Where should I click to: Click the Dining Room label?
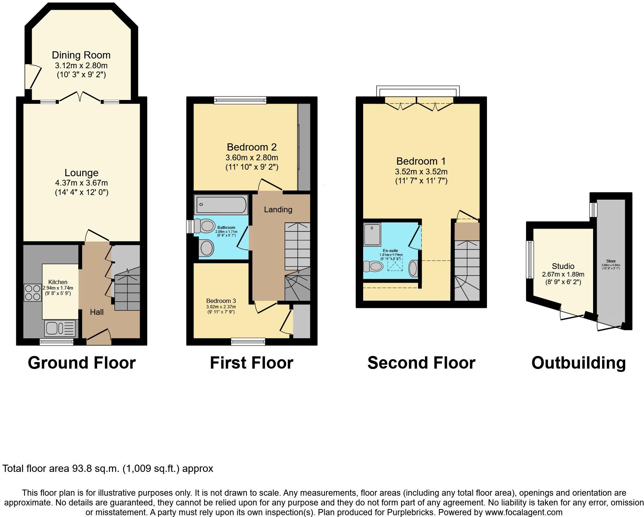[81, 55]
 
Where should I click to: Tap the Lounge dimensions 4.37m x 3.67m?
[81, 183]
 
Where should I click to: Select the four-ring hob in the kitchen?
[33, 293]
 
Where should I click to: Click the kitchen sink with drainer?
[60, 329]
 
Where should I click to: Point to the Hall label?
[97, 312]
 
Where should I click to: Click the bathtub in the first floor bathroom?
[221, 205]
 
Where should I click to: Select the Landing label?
[278, 209]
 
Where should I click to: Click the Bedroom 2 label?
[252, 147]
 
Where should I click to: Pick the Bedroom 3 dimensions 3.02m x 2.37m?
[221, 307]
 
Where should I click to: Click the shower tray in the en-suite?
[372, 234]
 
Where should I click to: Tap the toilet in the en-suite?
[374, 267]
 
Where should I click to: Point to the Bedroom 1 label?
[421, 161]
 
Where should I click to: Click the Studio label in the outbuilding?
[563, 266]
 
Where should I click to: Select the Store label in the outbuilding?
[611, 261]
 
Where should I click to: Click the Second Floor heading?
[421, 363]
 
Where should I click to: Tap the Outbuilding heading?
[578, 363]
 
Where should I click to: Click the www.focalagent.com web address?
[523, 512]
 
